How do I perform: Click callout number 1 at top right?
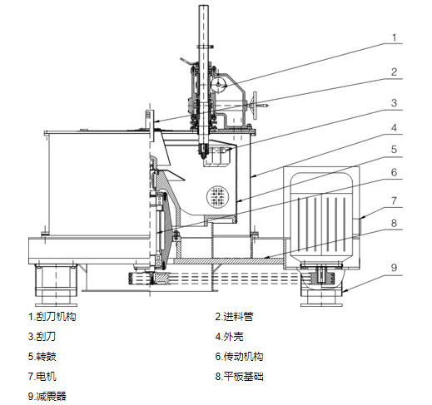395,37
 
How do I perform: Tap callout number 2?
395,72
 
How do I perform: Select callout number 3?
395,103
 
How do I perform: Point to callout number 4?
395,128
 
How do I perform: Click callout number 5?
395,150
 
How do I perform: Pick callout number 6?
395,172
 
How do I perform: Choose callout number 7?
395,200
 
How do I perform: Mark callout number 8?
395,223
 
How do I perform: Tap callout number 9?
395,268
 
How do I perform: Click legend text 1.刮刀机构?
52,317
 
